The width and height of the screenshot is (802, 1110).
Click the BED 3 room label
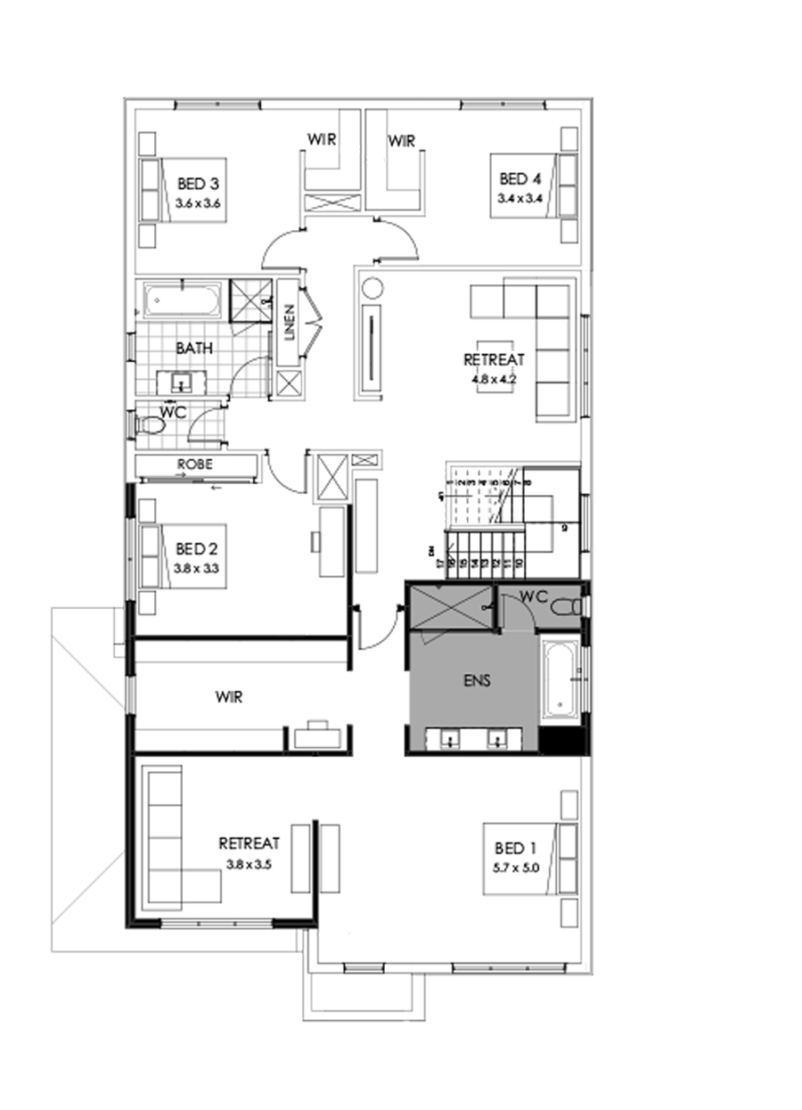pos(198,185)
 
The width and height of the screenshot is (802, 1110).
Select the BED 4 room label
pos(514,179)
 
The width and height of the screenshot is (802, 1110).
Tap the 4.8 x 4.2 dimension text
pos(494,377)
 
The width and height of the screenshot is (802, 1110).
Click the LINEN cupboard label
pos(289,323)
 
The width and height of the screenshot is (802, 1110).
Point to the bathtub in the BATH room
pos(181,300)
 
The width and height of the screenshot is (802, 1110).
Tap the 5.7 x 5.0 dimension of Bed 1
pos(517,866)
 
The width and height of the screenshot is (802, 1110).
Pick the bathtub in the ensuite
pos(560,678)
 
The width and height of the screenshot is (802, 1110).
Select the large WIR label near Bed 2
pos(229,697)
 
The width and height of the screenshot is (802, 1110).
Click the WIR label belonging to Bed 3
pos(322,139)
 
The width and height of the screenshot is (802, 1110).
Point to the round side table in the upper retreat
pos(372,288)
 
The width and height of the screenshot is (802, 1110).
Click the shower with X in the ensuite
pos(450,607)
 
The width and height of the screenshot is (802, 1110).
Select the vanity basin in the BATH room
pos(181,383)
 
